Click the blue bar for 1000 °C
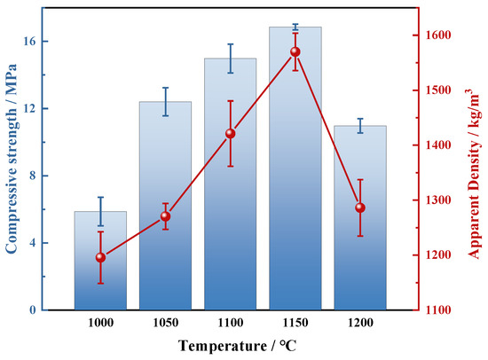click(100, 261)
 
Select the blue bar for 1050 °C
click(165, 206)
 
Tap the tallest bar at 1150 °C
click(295, 168)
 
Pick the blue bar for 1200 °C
click(360, 218)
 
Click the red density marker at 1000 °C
click(100, 257)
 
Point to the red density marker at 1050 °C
click(165, 216)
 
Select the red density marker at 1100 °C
click(231, 134)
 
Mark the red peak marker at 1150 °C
click(295, 51)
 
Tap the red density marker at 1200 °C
click(360, 207)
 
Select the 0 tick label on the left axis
click(33, 310)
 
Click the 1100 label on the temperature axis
click(231, 323)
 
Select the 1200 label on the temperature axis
click(360, 323)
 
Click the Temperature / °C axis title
click(237, 346)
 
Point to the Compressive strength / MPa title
click(12, 159)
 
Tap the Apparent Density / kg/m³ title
click(474, 174)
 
